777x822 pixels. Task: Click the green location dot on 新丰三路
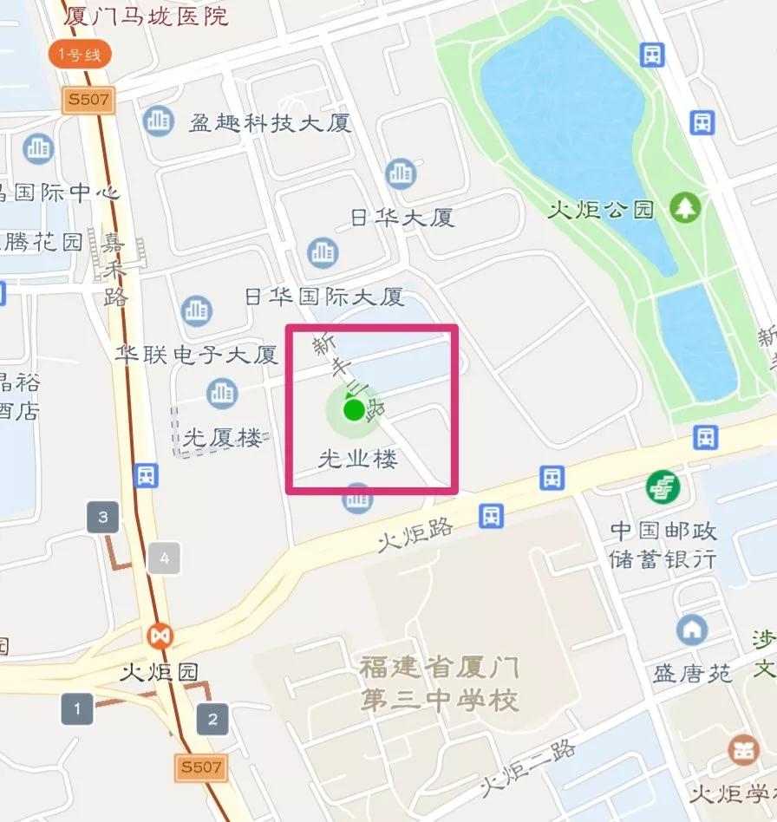pyautogui.click(x=353, y=410)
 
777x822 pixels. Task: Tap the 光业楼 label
pyautogui.click(x=358, y=460)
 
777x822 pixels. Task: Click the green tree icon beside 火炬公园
pyautogui.click(x=685, y=207)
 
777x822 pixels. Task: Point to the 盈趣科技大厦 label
pyautogui.click(x=271, y=122)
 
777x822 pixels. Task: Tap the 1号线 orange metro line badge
pyautogui.click(x=80, y=55)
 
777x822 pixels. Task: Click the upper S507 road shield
pyautogui.click(x=88, y=99)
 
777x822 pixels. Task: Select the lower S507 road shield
pyautogui.click(x=201, y=767)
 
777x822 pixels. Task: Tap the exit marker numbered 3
pyautogui.click(x=103, y=519)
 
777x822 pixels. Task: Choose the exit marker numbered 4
pyautogui.click(x=164, y=558)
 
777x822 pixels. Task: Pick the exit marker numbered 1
pyautogui.click(x=77, y=709)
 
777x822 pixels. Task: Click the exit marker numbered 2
pyautogui.click(x=212, y=719)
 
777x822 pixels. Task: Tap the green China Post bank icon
pyautogui.click(x=663, y=487)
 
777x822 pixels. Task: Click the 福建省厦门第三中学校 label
pyautogui.click(x=440, y=683)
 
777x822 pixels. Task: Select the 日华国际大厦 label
pyautogui.click(x=324, y=297)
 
